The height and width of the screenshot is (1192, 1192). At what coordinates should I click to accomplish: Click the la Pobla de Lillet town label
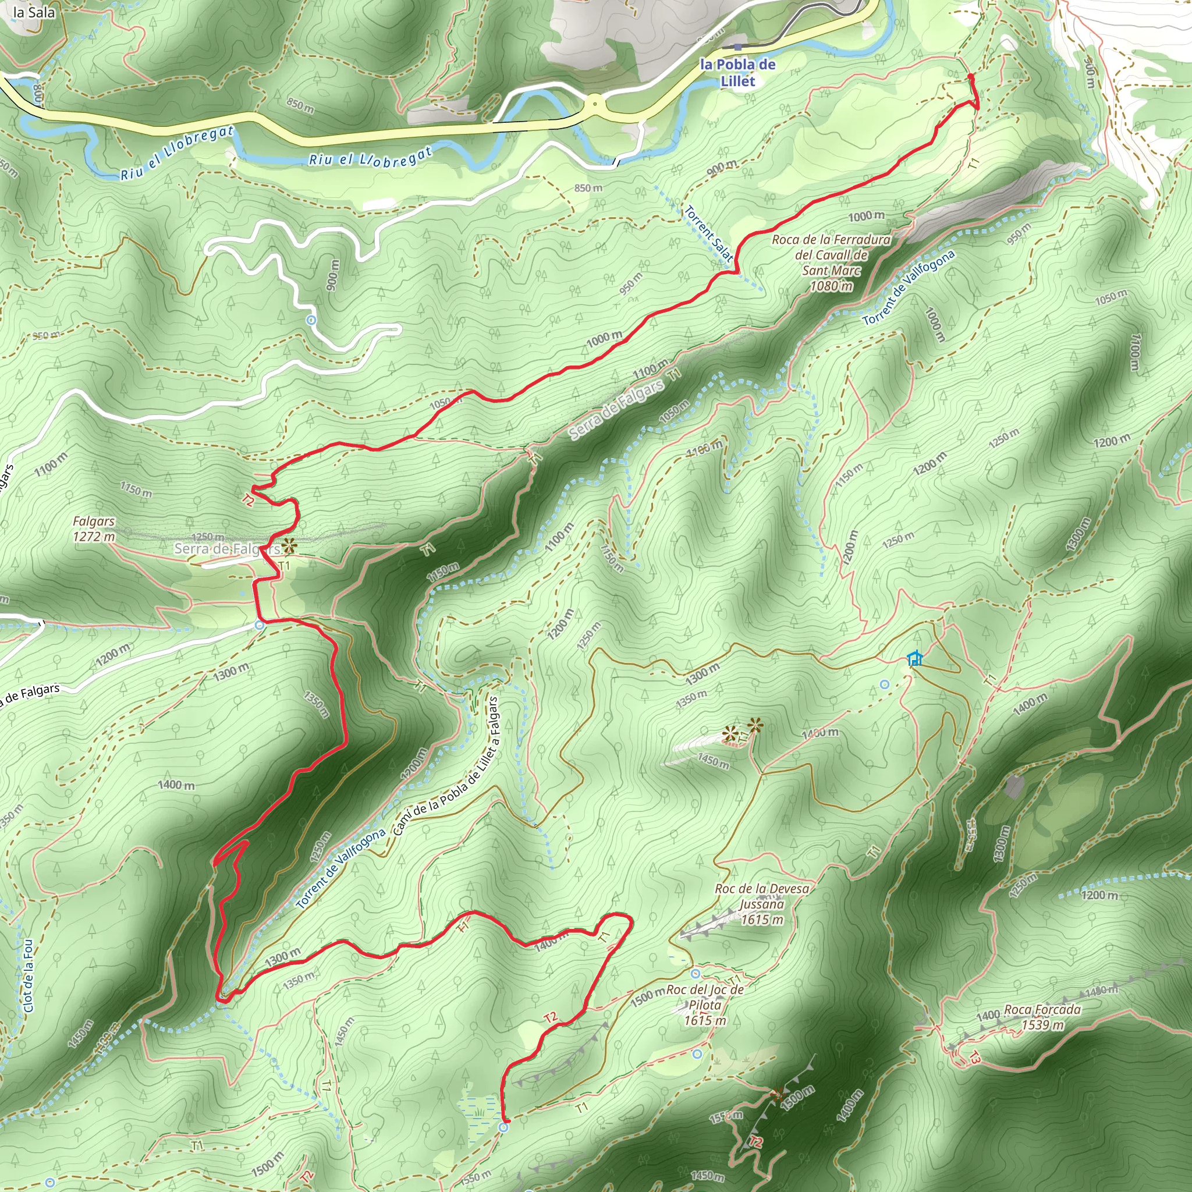(737, 72)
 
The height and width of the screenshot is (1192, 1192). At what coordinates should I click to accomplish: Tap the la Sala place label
(34, 12)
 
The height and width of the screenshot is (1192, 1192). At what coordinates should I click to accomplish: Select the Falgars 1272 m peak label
(94, 528)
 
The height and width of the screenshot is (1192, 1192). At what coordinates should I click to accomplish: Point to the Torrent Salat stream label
(708, 233)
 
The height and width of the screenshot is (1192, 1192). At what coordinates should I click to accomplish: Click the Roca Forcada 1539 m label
(1042, 1017)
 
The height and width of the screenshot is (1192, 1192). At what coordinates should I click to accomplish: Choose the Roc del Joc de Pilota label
(705, 1005)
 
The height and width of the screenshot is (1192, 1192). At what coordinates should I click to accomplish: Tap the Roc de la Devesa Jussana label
(762, 904)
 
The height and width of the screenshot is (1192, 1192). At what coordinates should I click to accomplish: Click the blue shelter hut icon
(915, 658)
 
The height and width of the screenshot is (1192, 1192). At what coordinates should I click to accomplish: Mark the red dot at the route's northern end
(970, 76)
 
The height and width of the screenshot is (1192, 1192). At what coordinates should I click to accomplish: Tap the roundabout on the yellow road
(594, 104)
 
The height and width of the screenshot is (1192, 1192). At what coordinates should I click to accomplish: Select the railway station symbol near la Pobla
(738, 47)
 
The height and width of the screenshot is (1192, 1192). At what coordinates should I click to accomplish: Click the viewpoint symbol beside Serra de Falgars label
(289, 545)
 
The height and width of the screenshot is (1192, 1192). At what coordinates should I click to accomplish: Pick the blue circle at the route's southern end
(504, 1127)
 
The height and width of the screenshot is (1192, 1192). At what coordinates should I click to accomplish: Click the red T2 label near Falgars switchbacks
(248, 500)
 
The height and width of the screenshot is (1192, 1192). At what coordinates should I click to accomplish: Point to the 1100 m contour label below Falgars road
(51, 463)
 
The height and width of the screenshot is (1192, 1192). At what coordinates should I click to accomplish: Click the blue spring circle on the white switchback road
(311, 320)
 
